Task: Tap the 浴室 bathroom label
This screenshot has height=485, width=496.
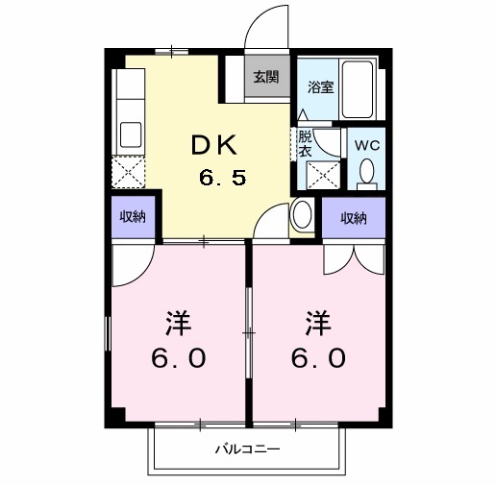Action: click(x=320, y=86)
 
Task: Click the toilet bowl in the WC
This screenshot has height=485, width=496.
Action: click(x=366, y=173)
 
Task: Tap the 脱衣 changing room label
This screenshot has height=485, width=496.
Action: click(x=305, y=143)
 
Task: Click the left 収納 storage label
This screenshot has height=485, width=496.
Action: click(x=133, y=216)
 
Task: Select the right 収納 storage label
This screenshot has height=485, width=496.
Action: click(x=353, y=217)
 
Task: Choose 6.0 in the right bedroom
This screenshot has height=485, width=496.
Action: click(x=317, y=358)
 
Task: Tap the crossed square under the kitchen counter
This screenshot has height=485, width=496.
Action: click(x=128, y=171)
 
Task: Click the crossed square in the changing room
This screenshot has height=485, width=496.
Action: click(x=322, y=176)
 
